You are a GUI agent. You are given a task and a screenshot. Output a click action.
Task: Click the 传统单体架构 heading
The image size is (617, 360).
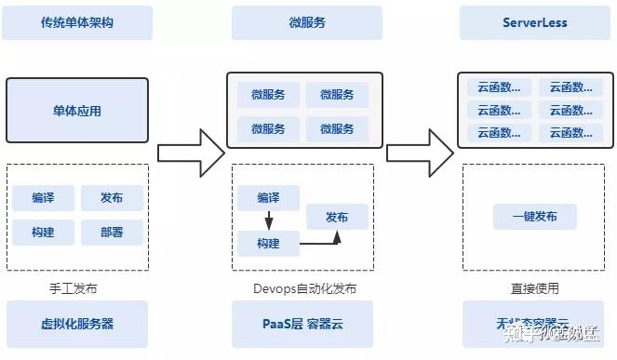pyautogui.click(x=76, y=22)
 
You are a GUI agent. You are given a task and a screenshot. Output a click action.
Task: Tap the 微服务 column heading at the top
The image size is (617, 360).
pyautogui.click(x=306, y=22)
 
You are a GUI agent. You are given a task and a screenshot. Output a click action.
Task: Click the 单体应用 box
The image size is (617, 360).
pyautogui.click(x=76, y=111)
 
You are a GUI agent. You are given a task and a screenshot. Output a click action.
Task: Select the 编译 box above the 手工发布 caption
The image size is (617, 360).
pyautogui.click(x=43, y=198)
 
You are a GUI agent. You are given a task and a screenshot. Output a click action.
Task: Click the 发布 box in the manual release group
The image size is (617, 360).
pyautogui.click(x=112, y=198)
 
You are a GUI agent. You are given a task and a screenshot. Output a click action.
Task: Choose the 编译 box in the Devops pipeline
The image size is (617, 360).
pyautogui.click(x=268, y=198)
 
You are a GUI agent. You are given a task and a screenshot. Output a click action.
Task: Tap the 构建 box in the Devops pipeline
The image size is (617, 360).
pyautogui.click(x=268, y=245)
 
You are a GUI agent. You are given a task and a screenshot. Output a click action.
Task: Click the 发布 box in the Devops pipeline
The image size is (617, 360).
pyautogui.click(x=337, y=217)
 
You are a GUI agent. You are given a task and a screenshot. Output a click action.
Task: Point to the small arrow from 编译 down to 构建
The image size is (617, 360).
pyautogui.click(x=268, y=221)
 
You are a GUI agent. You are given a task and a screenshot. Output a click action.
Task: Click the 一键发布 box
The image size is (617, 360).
pyautogui.click(x=534, y=217)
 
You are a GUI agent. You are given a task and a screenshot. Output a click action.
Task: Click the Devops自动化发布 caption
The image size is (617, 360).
pyautogui.click(x=304, y=288)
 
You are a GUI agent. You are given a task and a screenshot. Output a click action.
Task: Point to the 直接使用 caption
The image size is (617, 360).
pyautogui.click(x=534, y=288)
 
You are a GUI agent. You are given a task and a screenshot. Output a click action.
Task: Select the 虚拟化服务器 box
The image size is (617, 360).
pyautogui.click(x=76, y=324)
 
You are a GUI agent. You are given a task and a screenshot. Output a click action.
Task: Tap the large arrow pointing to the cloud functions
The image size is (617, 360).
pyautogui.click(x=420, y=146)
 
